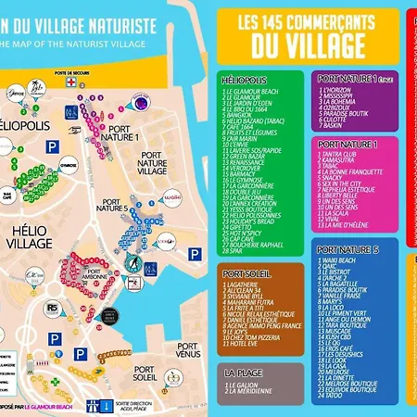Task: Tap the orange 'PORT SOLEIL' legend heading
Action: (x=247, y=274)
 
